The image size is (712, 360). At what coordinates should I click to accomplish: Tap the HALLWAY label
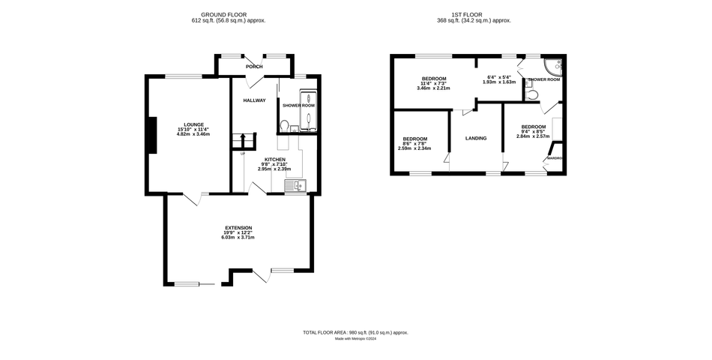coord(254,100)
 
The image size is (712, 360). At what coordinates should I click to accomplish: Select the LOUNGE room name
coord(194,124)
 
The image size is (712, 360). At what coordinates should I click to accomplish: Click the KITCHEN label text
coord(274,160)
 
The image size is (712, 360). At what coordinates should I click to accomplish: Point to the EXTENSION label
coord(238,228)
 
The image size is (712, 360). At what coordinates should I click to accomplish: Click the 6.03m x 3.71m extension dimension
coord(238,238)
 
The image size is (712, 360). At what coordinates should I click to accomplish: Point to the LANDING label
coord(476,138)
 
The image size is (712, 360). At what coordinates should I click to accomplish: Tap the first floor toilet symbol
coord(531,94)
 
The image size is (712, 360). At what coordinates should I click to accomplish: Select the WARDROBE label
coord(555,158)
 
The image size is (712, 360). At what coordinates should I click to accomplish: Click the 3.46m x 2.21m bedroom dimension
coord(433,88)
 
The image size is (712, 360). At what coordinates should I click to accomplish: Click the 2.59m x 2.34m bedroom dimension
coord(414,148)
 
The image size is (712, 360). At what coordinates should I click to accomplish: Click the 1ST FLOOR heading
coord(474,14)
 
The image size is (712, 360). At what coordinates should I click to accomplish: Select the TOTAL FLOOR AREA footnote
coord(355,332)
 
